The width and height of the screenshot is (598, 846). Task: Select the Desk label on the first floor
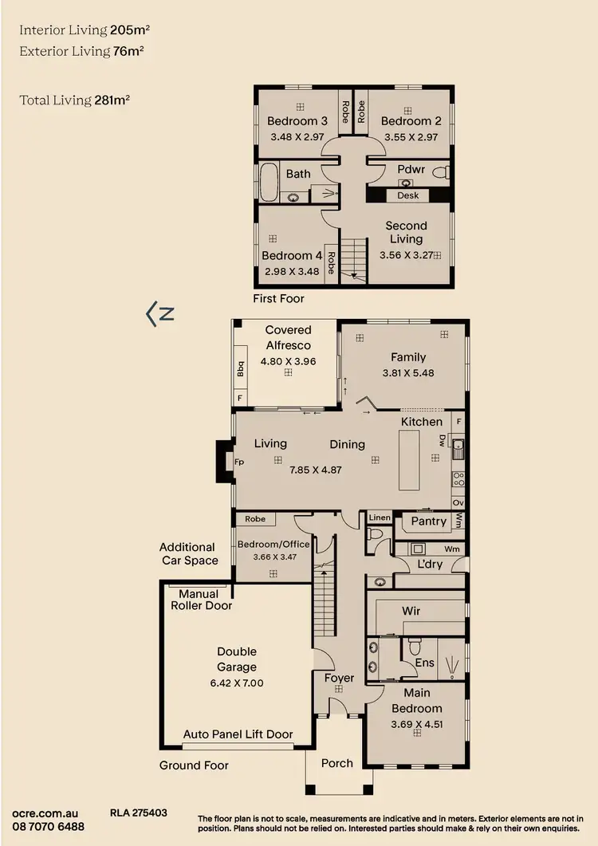(x=407, y=195)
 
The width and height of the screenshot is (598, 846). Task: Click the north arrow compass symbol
(x=160, y=313)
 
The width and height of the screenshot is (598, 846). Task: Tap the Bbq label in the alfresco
(x=240, y=370)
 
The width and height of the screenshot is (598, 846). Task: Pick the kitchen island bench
(x=407, y=459)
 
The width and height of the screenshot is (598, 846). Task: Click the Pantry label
(x=428, y=521)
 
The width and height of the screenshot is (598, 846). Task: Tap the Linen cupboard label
(x=380, y=518)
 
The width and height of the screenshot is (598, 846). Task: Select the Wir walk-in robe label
(x=411, y=611)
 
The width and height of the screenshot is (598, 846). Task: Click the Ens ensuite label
(x=424, y=663)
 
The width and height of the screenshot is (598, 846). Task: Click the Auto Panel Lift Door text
(x=238, y=734)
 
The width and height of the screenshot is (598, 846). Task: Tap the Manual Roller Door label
(x=201, y=600)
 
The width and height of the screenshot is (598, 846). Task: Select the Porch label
(x=336, y=763)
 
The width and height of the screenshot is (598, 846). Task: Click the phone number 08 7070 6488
(x=48, y=826)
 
